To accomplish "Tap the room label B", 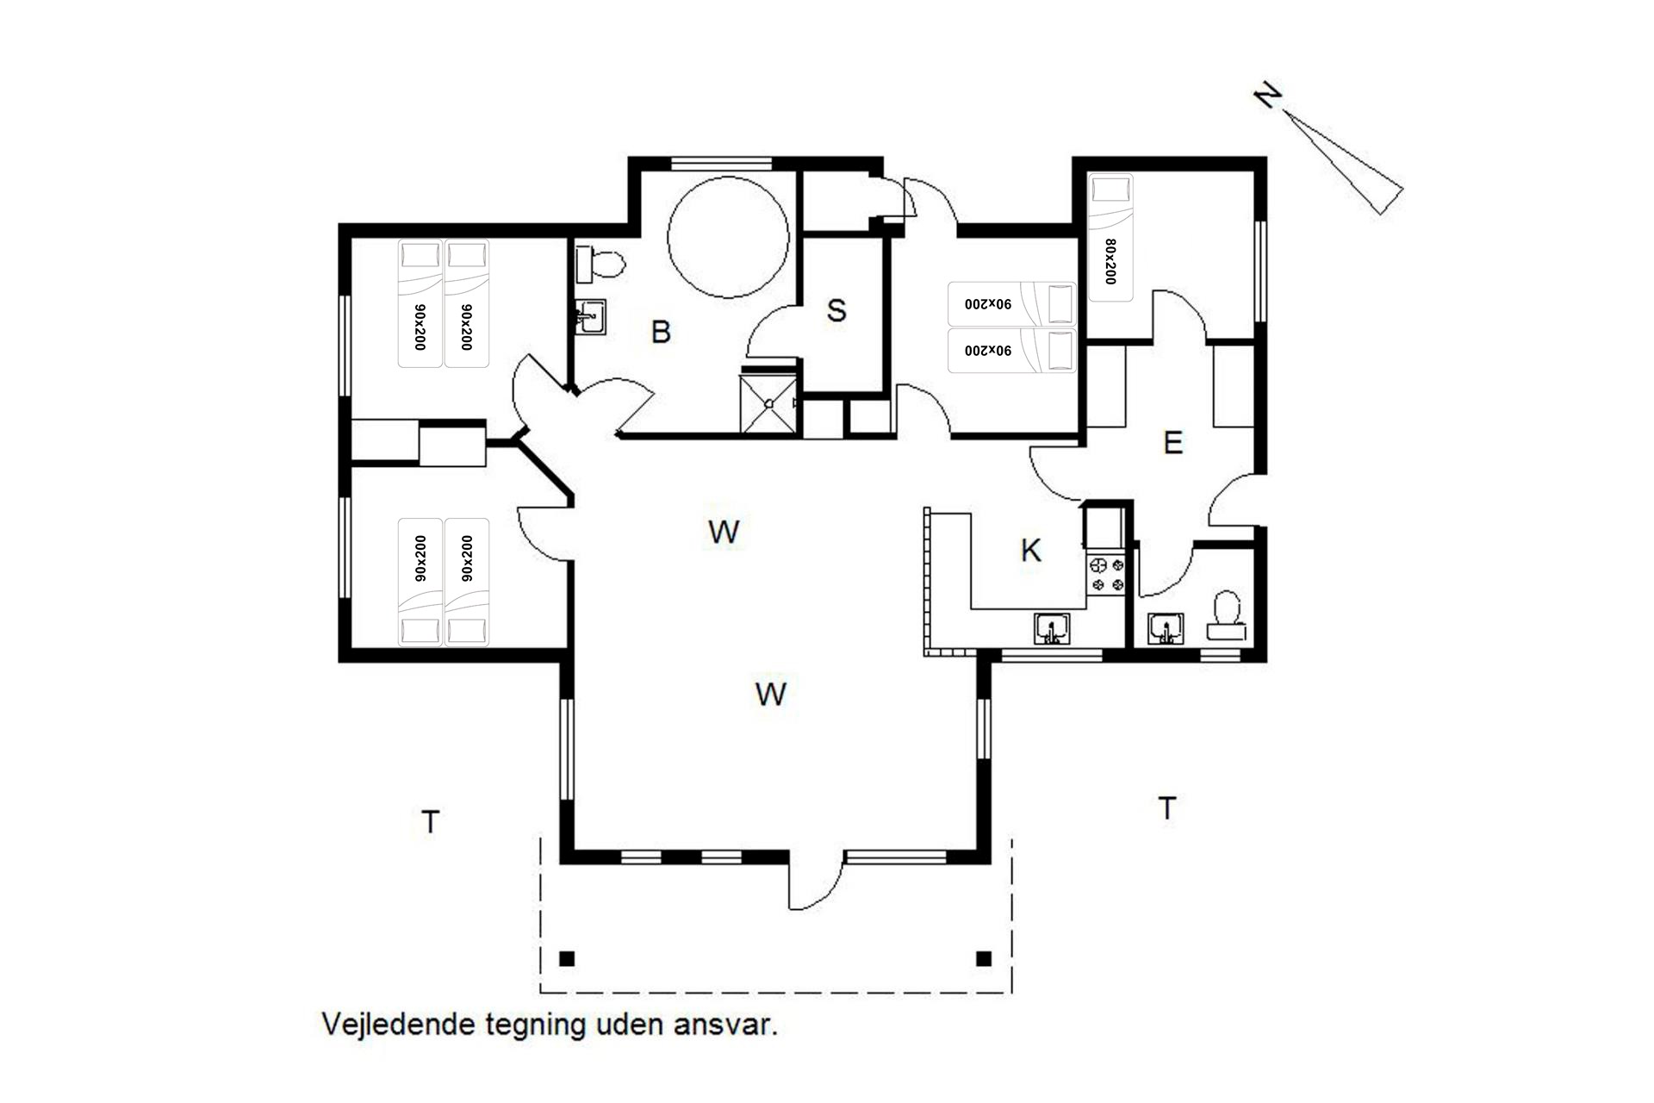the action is click(661, 332).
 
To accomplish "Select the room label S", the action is click(836, 310).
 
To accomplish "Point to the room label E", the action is click(1172, 443).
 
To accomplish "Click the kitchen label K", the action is click(1030, 551).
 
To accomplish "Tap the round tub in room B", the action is click(728, 237).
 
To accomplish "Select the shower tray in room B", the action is click(768, 402).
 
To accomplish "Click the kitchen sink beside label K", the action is click(1052, 628).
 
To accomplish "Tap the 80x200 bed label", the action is click(1110, 261).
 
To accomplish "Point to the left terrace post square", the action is click(567, 958).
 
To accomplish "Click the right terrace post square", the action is click(984, 958).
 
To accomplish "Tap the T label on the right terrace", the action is click(1167, 808).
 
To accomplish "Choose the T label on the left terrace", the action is click(431, 822).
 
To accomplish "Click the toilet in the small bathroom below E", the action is click(1227, 615).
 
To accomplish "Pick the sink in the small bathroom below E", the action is click(1166, 629).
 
